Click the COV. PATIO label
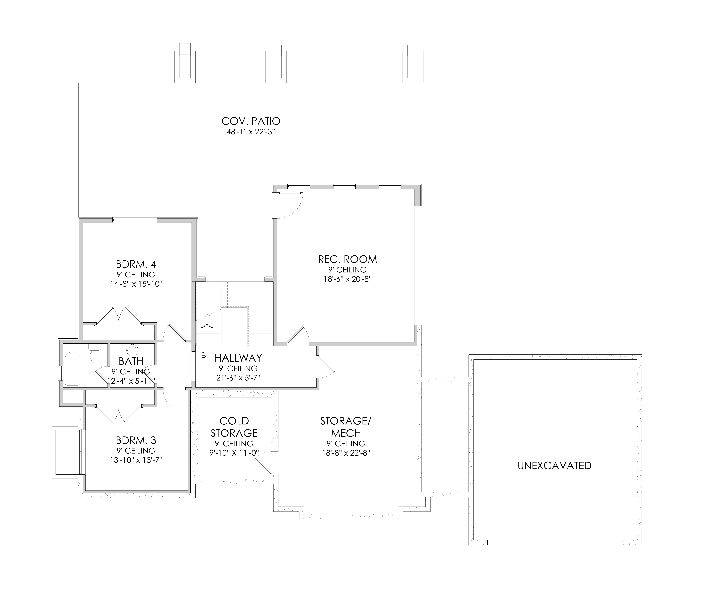click(251, 121)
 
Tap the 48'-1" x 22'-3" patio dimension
click(251, 132)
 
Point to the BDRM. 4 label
click(136, 264)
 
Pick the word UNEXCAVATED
click(555, 466)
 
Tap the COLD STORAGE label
click(234, 427)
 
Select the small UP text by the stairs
click(204, 355)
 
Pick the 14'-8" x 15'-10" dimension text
click(136, 284)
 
